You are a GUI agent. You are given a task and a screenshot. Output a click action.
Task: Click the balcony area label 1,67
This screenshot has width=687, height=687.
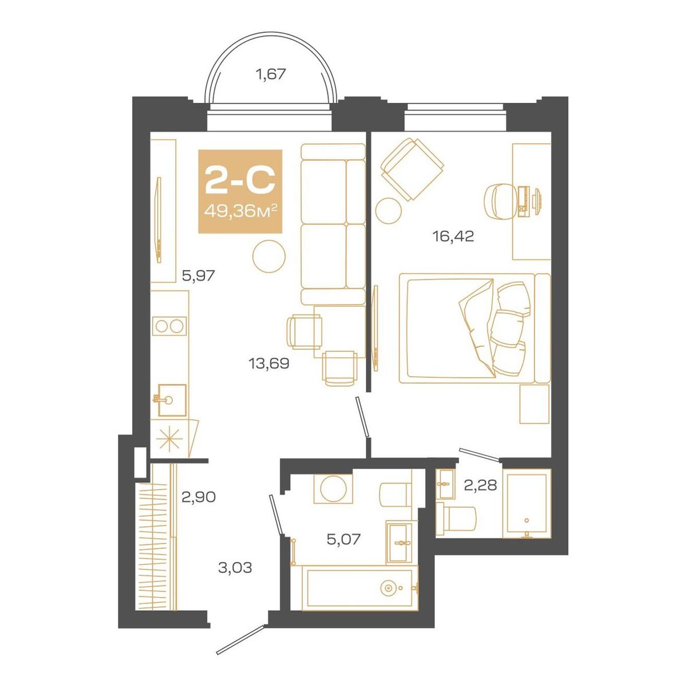pyautogui.click(x=270, y=74)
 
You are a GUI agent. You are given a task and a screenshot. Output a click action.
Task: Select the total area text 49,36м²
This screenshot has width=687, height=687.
pyautogui.click(x=240, y=212)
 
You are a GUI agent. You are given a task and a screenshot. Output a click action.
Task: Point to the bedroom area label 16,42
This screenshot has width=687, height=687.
pyautogui.click(x=453, y=236)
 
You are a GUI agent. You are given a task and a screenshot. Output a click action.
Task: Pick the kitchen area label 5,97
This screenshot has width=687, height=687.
pyautogui.click(x=198, y=276)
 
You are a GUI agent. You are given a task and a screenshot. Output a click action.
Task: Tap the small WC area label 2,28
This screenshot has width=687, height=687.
pyautogui.click(x=480, y=487)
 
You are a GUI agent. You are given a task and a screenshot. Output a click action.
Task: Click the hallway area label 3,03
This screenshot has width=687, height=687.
pyautogui.click(x=235, y=568)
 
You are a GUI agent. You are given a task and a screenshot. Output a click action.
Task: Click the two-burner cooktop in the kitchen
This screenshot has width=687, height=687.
pyautogui.click(x=169, y=326)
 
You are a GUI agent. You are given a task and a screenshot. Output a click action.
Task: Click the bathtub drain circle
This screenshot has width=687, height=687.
pyautogui.click(x=390, y=587)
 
